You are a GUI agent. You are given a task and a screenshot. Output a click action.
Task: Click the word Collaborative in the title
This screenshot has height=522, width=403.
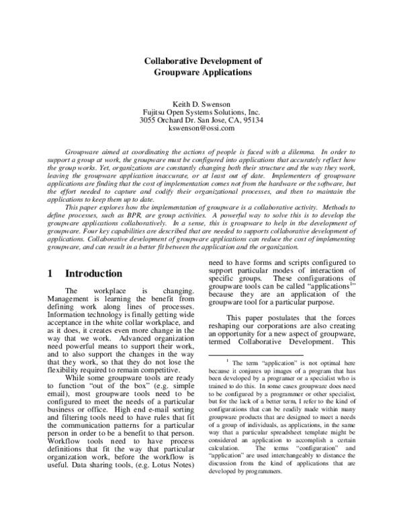(173, 60)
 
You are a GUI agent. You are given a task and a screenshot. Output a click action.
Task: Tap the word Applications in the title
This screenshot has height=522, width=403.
(227, 71)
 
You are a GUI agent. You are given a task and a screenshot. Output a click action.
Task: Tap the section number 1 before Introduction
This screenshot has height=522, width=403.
(51, 274)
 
